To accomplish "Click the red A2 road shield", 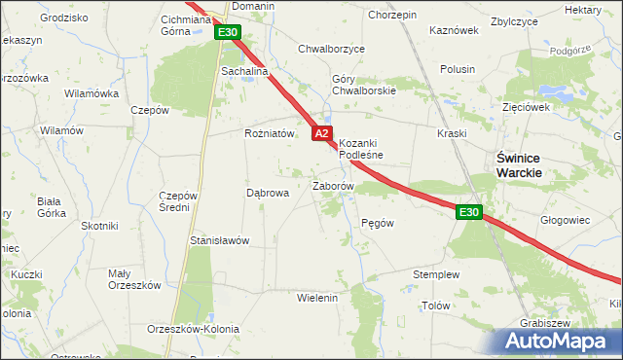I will [x=323, y=133].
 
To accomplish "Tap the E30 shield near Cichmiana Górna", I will [x=228, y=33].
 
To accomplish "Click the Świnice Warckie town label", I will [x=519, y=164].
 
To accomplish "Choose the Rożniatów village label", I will [x=269, y=134].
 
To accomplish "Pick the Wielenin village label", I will [x=316, y=297].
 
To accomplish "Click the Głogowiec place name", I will [x=566, y=220].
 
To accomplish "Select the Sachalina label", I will [x=244, y=71].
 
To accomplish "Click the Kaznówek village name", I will [x=455, y=30].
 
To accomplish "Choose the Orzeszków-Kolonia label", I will [x=193, y=329].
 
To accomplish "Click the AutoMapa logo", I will [x=560, y=342].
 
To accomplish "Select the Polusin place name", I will [x=458, y=69].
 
